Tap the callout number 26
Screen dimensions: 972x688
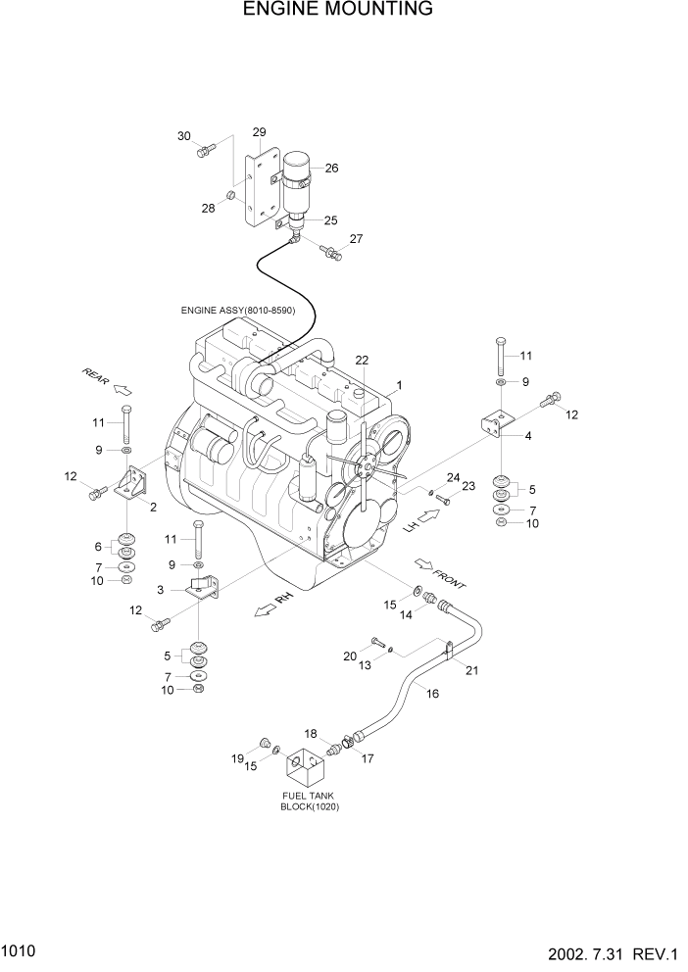click(331, 168)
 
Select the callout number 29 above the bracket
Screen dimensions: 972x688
click(259, 132)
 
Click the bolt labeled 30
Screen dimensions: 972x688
click(204, 151)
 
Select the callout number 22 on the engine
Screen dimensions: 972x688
click(362, 361)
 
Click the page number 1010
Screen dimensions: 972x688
click(18, 951)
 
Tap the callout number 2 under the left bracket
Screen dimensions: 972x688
click(154, 506)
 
